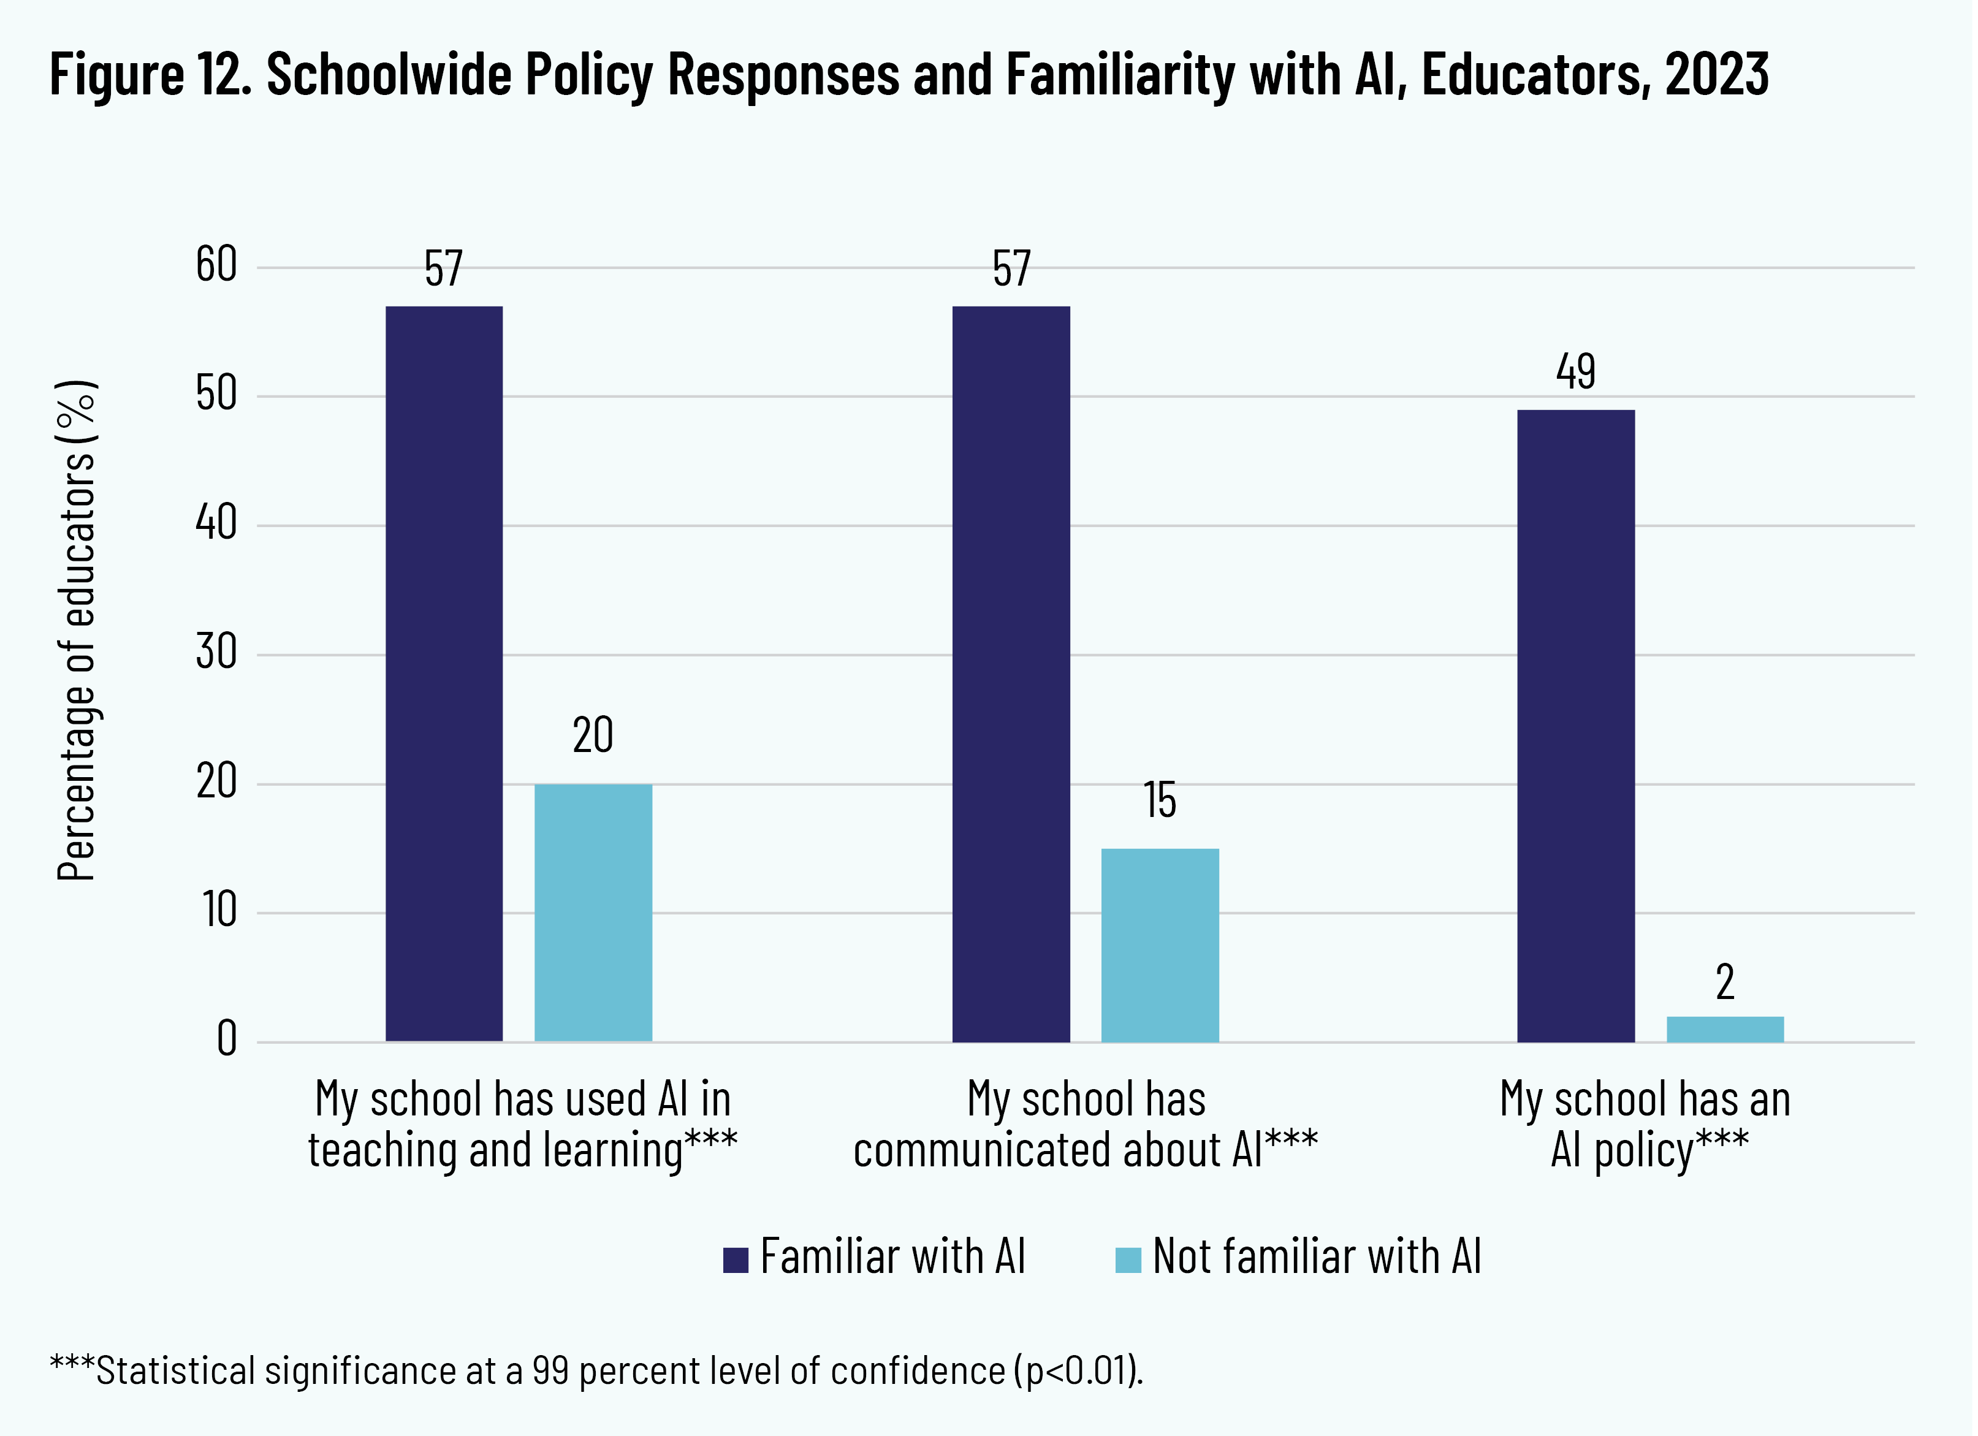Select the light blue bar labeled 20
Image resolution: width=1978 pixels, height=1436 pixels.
[x=593, y=912]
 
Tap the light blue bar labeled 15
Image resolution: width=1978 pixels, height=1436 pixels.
[x=1160, y=944]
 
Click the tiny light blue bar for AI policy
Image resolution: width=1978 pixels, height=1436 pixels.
[x=1725, y=1029]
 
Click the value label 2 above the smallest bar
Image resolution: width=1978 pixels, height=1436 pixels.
[x=1725, y=982]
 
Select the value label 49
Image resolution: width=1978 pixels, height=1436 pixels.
[x=1576, y=371]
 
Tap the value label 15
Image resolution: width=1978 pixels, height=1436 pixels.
[x=1160, y=800]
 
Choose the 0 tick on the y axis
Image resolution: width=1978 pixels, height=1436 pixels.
[x=227, y=1039]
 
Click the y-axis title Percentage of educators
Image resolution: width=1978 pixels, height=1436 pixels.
[x=77, y=631]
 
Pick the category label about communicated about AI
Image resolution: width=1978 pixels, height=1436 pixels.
[x=1086, y=1124]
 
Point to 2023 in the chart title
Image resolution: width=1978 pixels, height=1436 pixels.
[x=1716, y=74]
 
